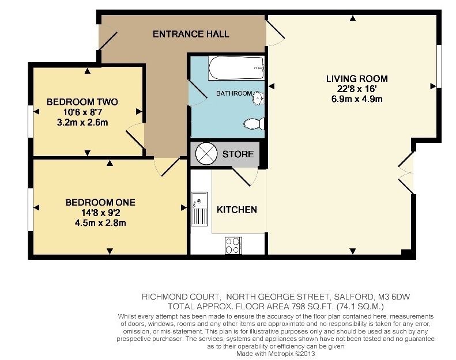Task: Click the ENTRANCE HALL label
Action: click(191, 34)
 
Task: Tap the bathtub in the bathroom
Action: click(236, 68)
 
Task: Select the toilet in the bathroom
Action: click(254, 124)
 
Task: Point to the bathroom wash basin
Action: click(258, 97)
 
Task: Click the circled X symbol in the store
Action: click(206, 154)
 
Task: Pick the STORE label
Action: click(238, 154)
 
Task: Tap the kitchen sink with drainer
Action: click(199, 209)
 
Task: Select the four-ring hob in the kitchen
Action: click(233, 245)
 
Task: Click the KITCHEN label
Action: click(237, 210)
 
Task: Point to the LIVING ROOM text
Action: click(357, 78)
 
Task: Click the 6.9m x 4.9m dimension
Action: click(357, 99)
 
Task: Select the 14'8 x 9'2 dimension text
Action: click(101, 213)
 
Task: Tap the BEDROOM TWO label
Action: click(82, 102)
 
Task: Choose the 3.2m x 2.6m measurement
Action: click(82, 122)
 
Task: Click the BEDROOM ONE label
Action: click(100, 202)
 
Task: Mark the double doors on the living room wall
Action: click(406, 173)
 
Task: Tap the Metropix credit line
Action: click(276, 354)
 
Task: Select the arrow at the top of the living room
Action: click(353, 18)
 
